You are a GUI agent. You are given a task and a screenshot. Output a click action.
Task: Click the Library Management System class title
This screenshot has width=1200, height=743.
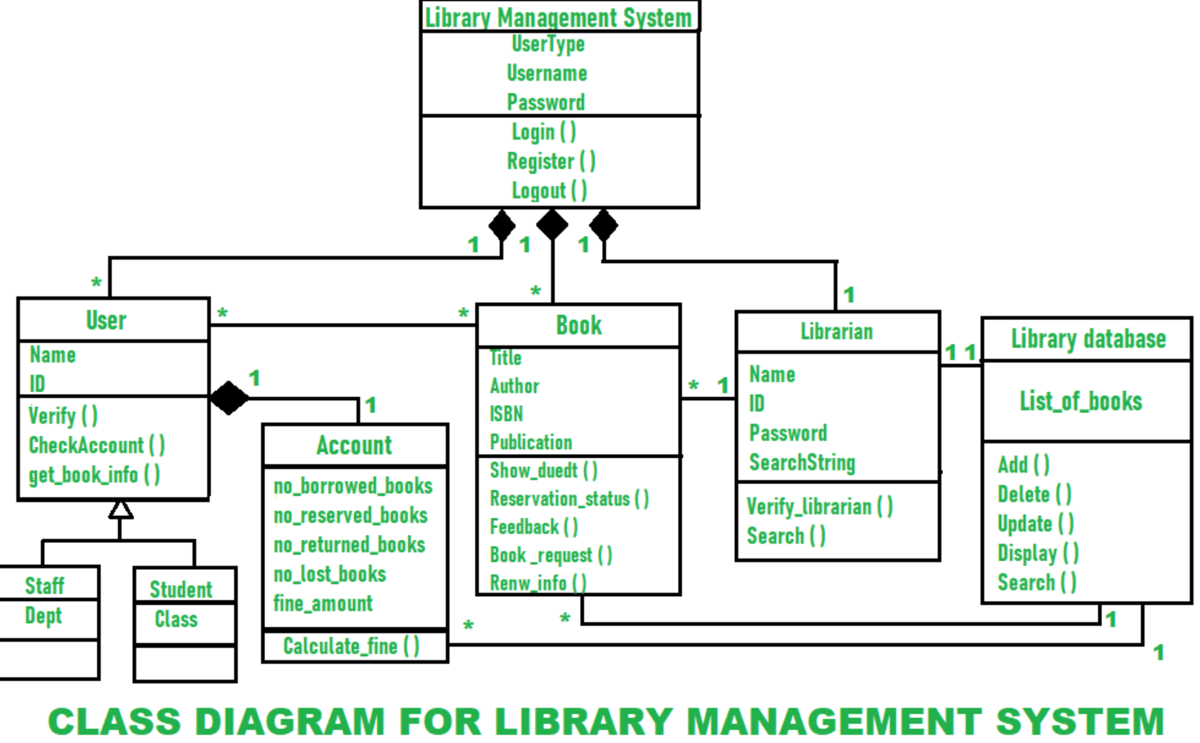coord(558,18)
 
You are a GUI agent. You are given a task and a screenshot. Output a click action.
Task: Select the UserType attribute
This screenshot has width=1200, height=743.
coord(548,44)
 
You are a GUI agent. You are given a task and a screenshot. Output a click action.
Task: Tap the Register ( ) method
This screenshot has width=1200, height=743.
coord(551,161)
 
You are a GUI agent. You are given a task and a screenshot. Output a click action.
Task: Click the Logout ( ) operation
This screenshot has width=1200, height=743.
coord(550,190)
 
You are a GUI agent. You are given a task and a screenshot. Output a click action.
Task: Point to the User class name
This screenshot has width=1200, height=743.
coord(106,320)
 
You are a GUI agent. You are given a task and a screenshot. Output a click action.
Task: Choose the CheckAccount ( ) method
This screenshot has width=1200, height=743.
coord(96,445)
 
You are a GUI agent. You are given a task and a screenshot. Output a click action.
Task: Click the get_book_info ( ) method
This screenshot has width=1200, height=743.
coord(95,475)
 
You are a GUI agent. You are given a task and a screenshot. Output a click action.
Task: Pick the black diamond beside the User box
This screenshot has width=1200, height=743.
coord(228,398)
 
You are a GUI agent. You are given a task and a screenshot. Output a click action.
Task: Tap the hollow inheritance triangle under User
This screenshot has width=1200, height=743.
coord(121,509)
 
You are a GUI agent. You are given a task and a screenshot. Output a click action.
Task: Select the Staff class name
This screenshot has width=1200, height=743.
coord(45,585)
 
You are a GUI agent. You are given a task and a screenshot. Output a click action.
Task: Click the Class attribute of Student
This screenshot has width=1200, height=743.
coord(176,619)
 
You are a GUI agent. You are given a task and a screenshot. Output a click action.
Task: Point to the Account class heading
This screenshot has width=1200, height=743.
coord(354,445)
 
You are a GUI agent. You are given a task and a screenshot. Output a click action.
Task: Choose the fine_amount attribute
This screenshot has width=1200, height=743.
coord(322,603)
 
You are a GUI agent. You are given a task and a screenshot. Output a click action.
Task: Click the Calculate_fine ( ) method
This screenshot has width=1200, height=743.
coord(351,646)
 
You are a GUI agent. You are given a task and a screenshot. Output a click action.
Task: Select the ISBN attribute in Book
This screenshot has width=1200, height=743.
coord(507,414)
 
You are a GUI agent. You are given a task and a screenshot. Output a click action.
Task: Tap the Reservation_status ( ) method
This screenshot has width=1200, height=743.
coord(569,499)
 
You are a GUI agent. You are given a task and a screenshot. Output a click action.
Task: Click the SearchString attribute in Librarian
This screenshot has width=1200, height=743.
coord(802,463)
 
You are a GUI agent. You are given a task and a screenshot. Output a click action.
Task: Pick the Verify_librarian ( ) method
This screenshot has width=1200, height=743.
coord(820,506)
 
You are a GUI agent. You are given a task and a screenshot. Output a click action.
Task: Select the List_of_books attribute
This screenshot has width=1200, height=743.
coord(1081,401)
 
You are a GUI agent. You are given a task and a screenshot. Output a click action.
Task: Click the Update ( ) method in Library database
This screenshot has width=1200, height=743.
coord(1035,523)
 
